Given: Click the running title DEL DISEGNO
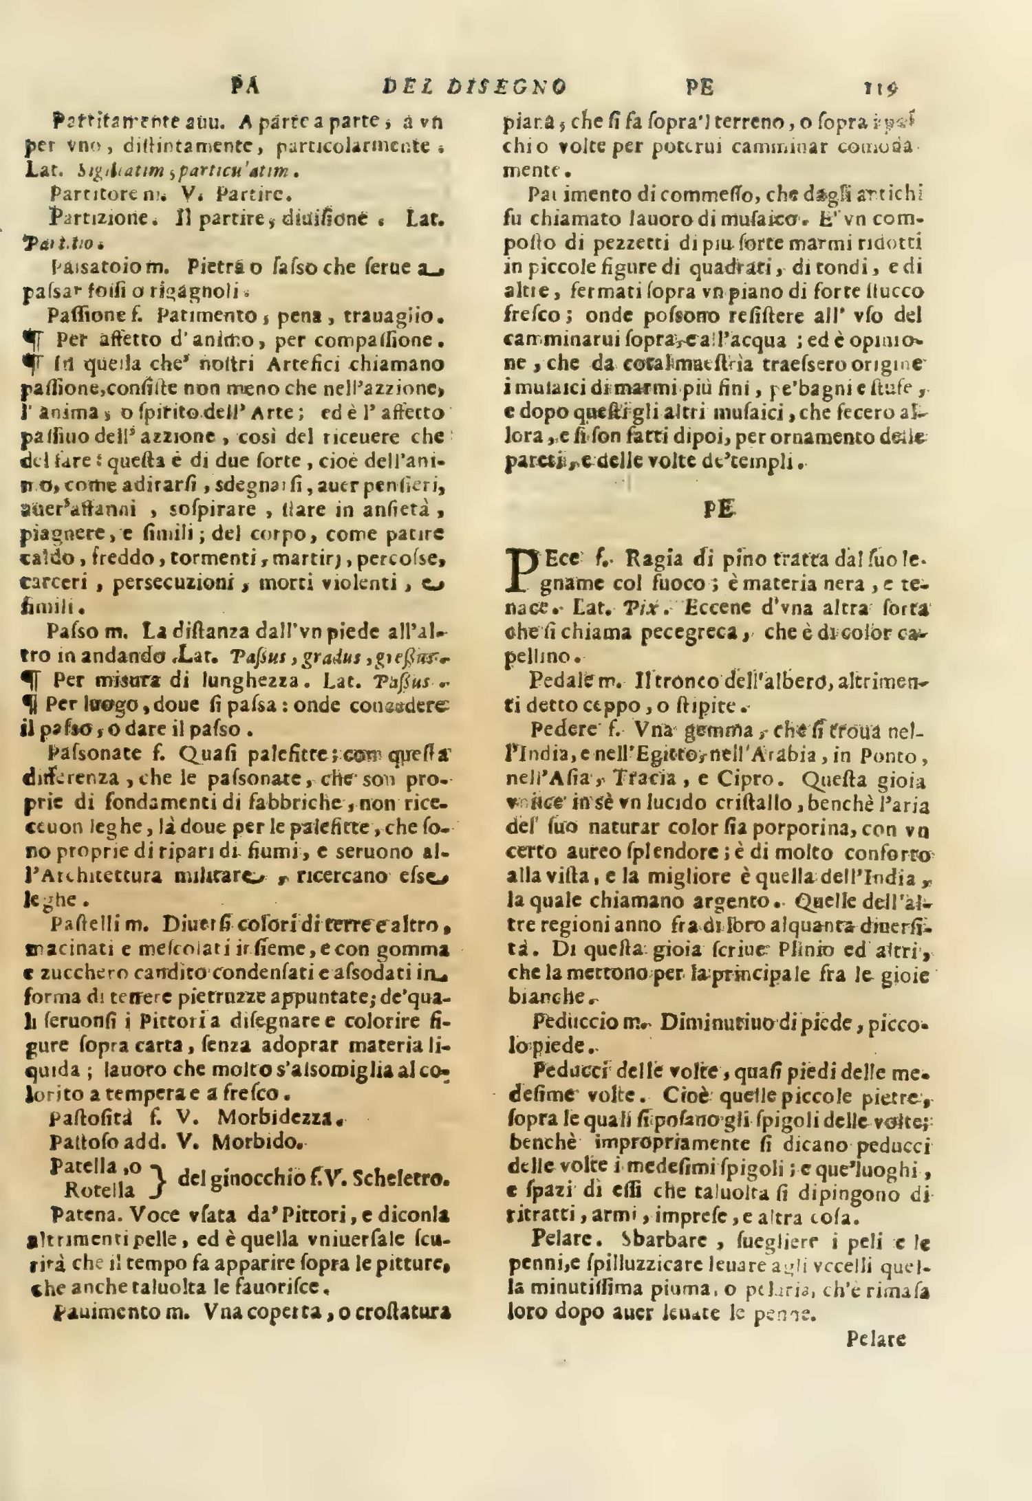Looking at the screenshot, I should click(x=474, y=87).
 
